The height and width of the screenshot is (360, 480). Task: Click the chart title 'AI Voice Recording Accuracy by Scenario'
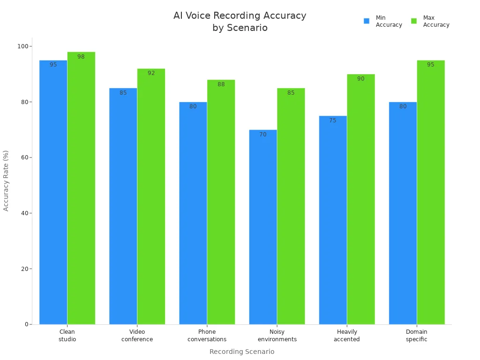click(x=240, y=22)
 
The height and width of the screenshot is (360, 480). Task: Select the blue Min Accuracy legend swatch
click(x=367, y=21)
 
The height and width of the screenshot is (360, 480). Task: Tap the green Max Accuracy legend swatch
click(x=414, y=21)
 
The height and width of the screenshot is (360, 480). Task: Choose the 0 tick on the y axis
click(x=26, y=324)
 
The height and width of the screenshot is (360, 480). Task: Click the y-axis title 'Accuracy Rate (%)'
click(x=6, y=180)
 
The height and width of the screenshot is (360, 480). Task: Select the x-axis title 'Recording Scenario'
click(x=241, y=352)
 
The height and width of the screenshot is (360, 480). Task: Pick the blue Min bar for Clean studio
click(x=53, y=192)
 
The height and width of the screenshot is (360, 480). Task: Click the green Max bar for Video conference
click(x=151, y=196)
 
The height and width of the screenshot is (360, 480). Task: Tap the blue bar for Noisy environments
click(x=262, y=227)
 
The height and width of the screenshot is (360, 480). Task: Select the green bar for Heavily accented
click(x=360, y=199)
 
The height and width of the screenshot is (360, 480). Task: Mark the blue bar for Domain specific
click(x=403, y=213)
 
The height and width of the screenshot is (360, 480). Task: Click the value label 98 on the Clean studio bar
click(x=81, y=57)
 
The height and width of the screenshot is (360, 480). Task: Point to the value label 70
click(x=262, y=135)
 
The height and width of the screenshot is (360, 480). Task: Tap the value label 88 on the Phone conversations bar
click(x=221, y=84)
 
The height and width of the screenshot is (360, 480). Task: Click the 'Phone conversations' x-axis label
click(x=207, y=336)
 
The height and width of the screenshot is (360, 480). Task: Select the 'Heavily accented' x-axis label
click(x=346, y=336)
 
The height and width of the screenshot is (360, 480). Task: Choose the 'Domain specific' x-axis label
click(x=416, y=336)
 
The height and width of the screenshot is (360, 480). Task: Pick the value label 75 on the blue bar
click(x=332, y=120)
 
